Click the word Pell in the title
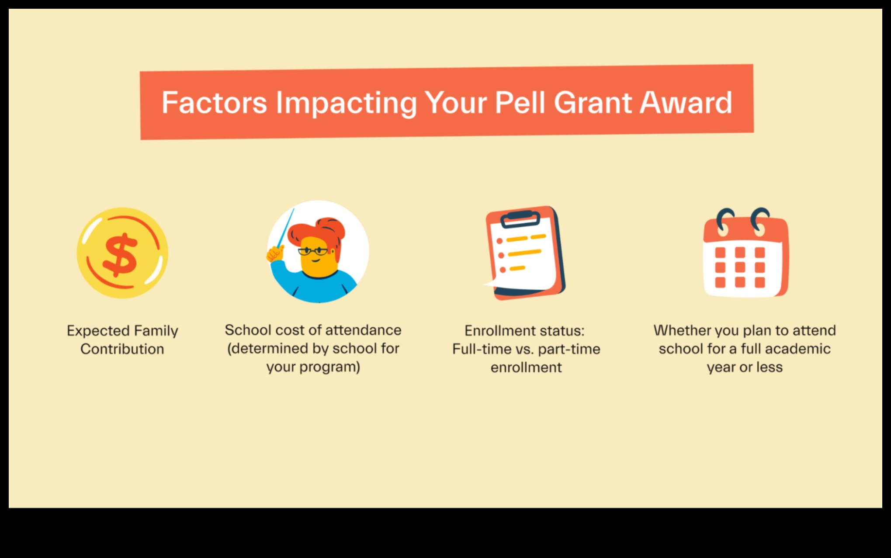click(520, 103)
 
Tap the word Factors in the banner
click(214, 103)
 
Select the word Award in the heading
click(686, 103)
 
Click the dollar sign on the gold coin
click(120, 255)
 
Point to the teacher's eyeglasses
click(313, 251)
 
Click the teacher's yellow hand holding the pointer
click(275, 254)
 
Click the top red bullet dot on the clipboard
click(499, 241)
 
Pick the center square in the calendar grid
click(740, 267)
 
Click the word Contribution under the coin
click(122, 349)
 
